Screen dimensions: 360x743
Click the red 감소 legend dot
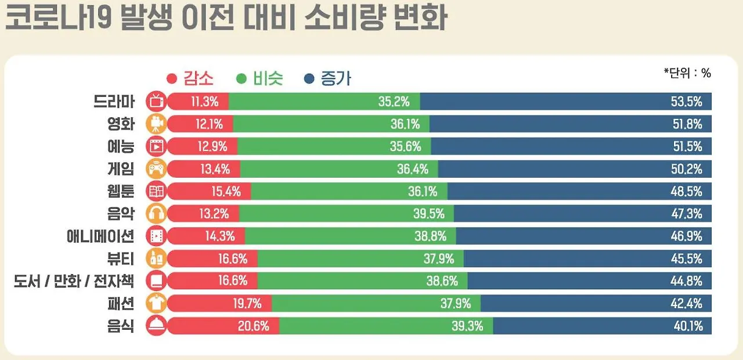point(171,78)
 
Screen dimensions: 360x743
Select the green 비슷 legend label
point(268,78)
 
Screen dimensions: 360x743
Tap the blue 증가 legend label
point(336,78)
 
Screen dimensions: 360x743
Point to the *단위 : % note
point(687,73)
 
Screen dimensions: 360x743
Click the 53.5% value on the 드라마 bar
point(687,102)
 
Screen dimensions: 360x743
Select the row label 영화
point(121,124)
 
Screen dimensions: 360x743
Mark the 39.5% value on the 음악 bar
point(429,214)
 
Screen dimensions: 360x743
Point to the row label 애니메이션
point(100,236)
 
